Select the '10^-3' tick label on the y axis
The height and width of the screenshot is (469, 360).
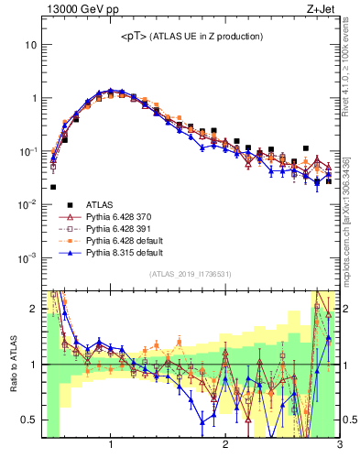click(27, 257)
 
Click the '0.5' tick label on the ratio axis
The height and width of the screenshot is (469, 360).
click(29, 420)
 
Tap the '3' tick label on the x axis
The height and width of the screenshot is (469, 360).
click(339, 446)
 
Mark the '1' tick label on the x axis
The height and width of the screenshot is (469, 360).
click(111, 446)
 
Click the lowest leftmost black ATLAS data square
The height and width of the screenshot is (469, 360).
click(53, 187)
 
